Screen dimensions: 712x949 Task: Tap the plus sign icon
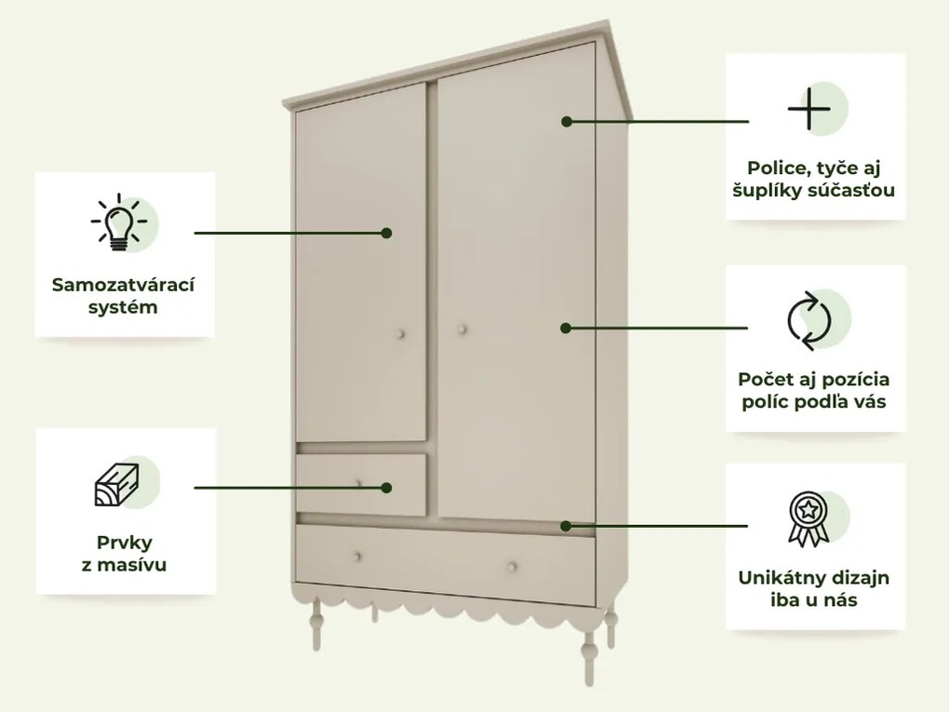point(809,110)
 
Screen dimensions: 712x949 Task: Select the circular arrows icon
point(809,321)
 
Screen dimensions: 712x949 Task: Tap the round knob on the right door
point(463,328)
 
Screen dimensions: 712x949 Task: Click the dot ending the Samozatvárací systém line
point(386,233)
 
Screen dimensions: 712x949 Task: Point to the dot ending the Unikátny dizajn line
point(566,526)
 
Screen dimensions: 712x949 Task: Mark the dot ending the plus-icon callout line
point(566,121)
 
